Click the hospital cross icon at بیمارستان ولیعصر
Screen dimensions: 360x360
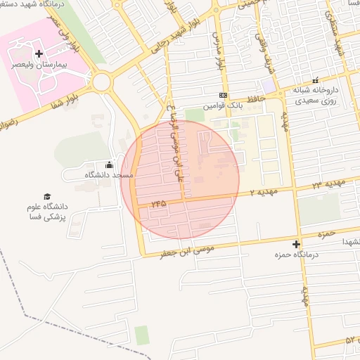39,53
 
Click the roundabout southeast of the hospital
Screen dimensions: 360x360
102,82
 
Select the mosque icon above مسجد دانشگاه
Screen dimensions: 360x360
108,165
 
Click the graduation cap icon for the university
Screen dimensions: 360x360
47,197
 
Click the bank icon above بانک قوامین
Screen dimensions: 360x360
223,95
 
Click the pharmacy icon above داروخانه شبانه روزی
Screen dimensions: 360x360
315,80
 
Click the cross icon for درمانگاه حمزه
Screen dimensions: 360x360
296,245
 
